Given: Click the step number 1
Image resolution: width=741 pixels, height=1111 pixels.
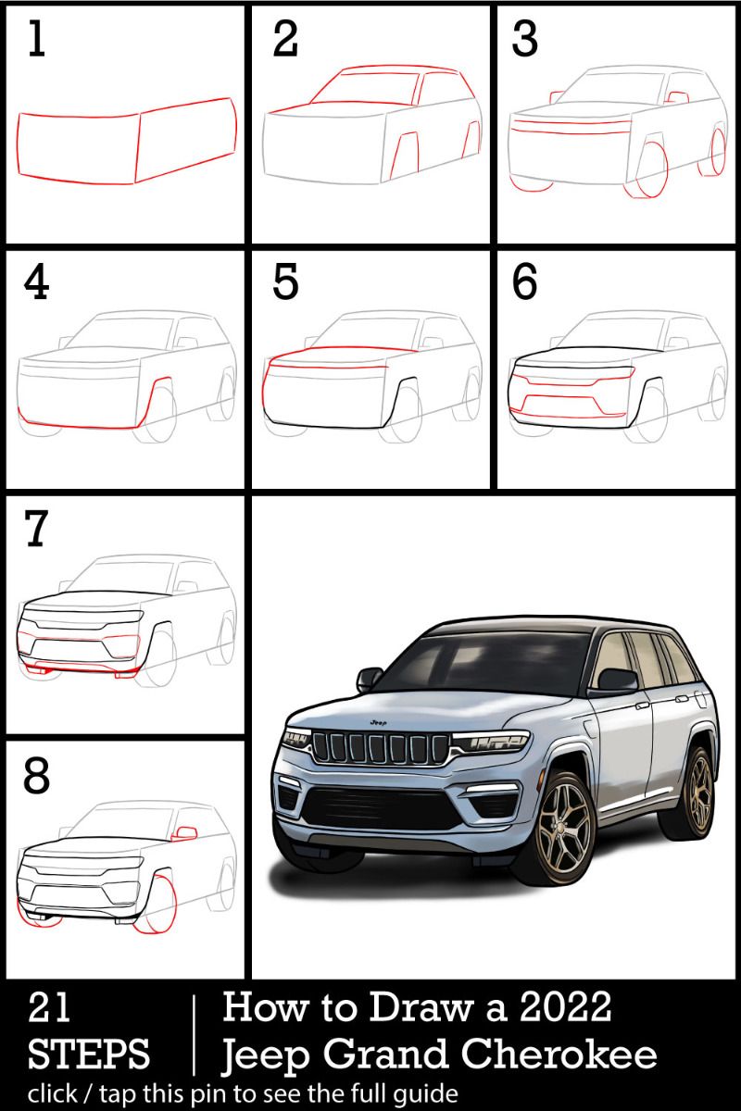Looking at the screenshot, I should pyautogui.click(x=35, y=42).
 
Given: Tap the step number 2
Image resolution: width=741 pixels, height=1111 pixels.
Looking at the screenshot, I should pyautogui.click(x=286, y=42).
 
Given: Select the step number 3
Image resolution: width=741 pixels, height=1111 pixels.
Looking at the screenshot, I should pyautogui.click(x=525, y=42).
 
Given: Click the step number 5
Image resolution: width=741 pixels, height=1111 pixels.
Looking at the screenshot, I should pyautogui.click(x=286, y=286).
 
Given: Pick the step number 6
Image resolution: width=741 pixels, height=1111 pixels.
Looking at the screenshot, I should pyautogui.click(x=525, y=286).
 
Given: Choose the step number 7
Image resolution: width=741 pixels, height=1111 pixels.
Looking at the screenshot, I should pyautogui.click(x=36, y=530).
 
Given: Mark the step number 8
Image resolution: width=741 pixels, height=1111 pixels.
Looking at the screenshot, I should pyautogui.click(x=36, y=777).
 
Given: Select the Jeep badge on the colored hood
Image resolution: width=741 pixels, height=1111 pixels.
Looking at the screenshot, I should pyautogui.click(x=377, y=720).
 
